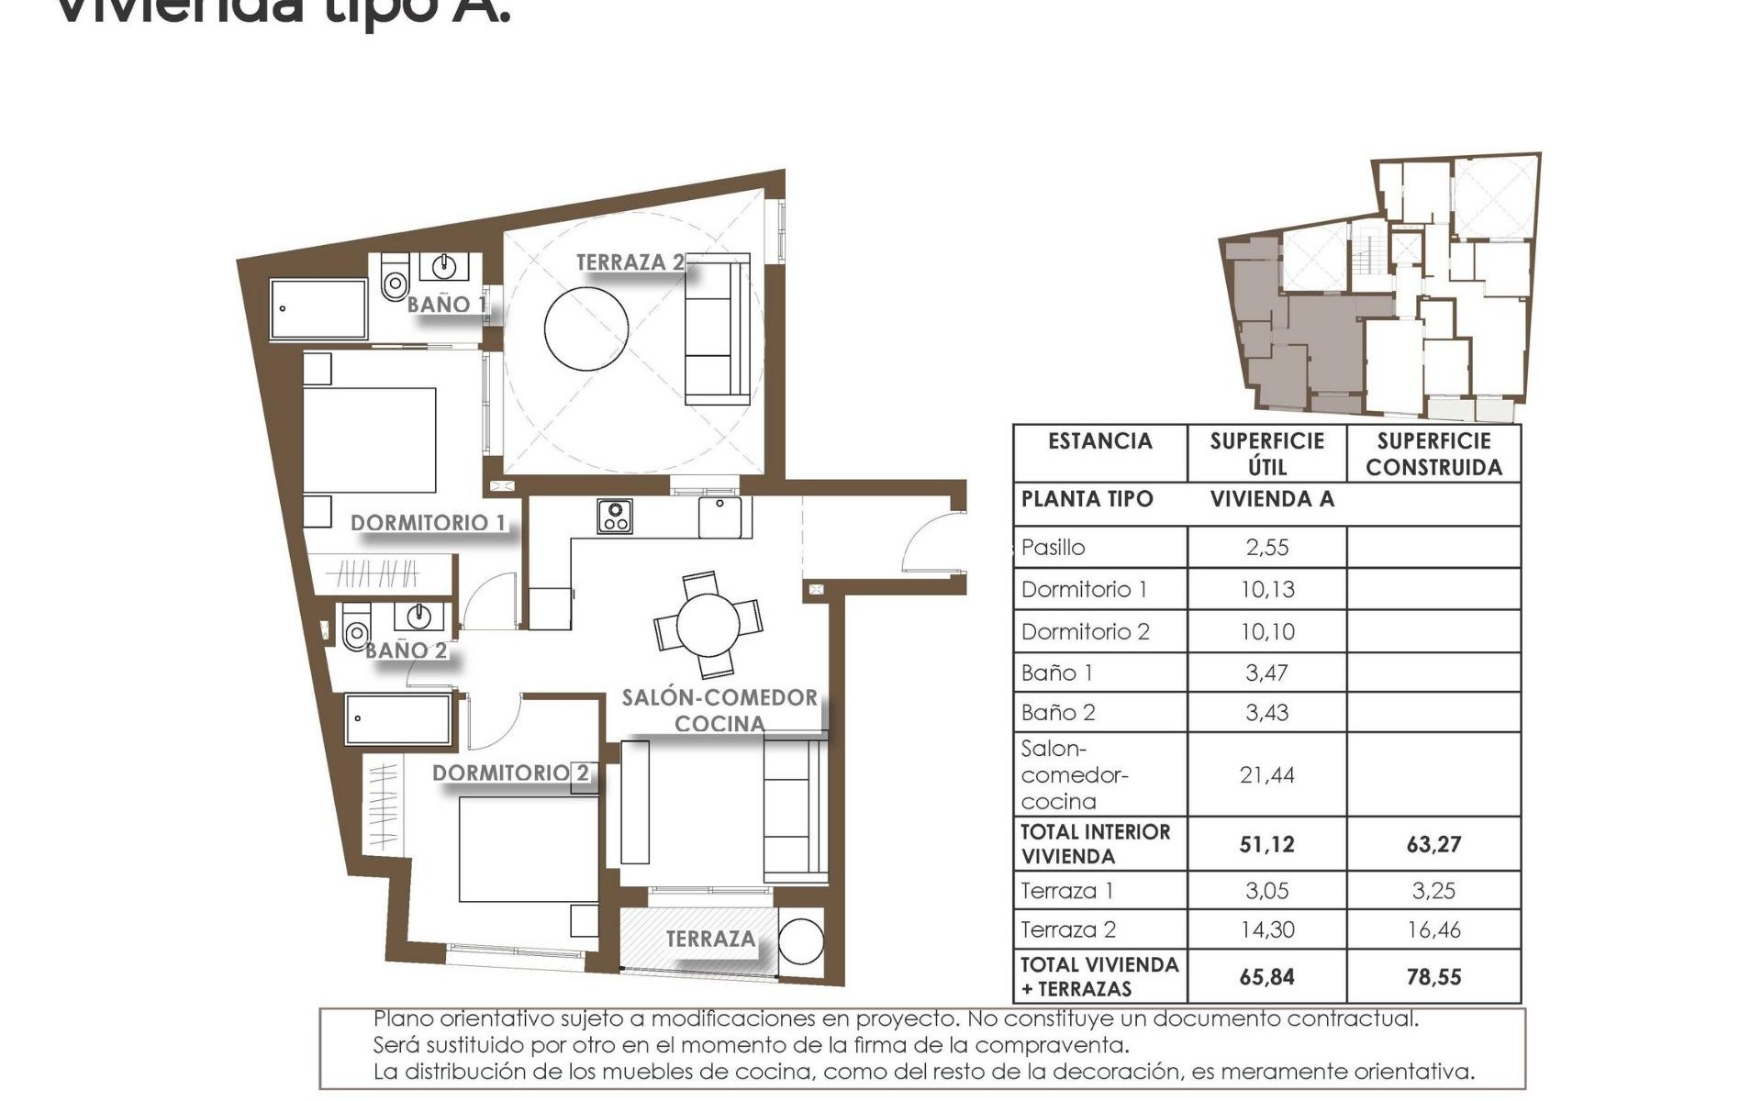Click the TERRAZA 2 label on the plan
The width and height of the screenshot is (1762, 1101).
tap(630, 262)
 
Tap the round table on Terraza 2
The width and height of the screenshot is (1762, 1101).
tap(586, 328)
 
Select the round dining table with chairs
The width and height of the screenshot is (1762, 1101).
tap(708, 625)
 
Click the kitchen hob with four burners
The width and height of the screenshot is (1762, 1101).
tap(614, 517)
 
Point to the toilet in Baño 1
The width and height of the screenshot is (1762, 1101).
tap(395, 279)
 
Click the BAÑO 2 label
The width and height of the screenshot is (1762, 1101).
tap(406, 651)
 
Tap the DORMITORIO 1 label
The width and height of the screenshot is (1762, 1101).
tap(428, 522)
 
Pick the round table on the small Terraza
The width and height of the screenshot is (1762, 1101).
tap(801, 941)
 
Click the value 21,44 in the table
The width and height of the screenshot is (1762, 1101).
tap(1266, 775)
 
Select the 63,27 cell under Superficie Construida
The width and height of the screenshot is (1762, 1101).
tap(1433, 844)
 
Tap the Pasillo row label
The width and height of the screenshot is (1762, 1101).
tap(1053, 548)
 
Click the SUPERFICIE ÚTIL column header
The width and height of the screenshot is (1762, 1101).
tap(1266, 453)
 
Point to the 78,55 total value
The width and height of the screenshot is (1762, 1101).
tap(1433, 977)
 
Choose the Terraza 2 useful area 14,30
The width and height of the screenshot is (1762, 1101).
tap(1266, 929)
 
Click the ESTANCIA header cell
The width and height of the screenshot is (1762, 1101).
tap(1099, 441)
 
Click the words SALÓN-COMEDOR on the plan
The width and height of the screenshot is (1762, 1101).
tap(719, 697)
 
